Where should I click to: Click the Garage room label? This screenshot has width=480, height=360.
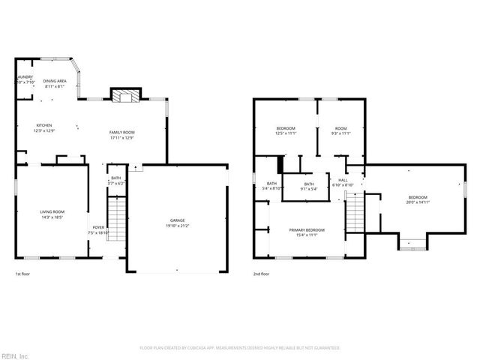(x=177, y=220)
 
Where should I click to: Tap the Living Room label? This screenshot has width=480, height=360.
(x=52, y=211)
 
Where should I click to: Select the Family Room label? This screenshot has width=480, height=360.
(x=122, y=132)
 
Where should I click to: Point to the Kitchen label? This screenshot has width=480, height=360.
(x=45, y=126)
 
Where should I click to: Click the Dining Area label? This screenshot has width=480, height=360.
(x=55, y=81)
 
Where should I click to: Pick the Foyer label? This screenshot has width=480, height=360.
(x=98, y=227)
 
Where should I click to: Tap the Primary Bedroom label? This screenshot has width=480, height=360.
(x=307, y=229)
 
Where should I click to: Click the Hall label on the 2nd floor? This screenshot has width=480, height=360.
(x=343, y=180)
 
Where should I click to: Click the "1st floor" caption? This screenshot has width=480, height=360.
(x=23, y=274)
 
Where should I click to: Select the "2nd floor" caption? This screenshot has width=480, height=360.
(x=261, y=274)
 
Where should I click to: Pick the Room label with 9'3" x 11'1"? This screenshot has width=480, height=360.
(x=341, y=127)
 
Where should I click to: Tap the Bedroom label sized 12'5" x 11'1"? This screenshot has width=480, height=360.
(x=286, y=127)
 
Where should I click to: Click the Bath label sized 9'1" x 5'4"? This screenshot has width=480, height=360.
(x=309, y=184)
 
